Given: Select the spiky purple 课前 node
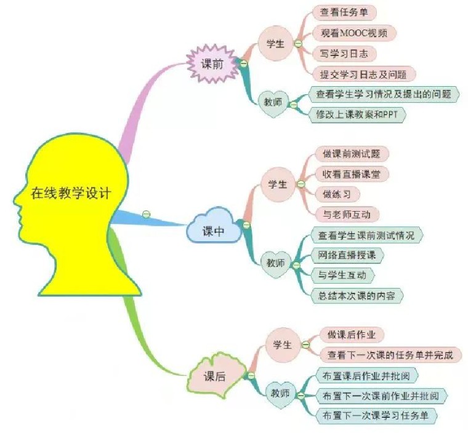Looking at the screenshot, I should (212, 63).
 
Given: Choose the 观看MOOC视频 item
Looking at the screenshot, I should (353, 33).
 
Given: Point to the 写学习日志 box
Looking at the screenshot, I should (344, 54).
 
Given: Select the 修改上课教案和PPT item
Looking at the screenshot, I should (360, 114).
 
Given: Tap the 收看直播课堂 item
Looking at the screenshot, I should (352, 174).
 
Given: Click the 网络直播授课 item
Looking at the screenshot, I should (347, 255).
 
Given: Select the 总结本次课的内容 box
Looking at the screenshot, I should (357, 295).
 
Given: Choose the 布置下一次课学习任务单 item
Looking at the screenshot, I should (376, 415).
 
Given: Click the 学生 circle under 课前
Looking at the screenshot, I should (276, 44).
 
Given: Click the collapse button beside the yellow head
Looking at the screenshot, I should (146, 214).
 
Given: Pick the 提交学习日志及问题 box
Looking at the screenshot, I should (363, 74).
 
